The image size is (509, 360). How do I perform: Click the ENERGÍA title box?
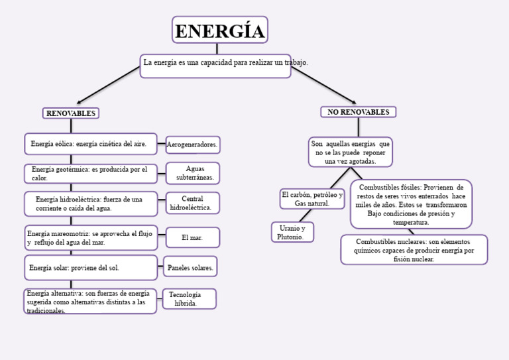point(219,30)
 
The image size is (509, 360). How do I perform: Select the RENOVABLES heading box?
point(71,113)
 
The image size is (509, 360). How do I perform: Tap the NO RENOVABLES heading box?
point(358,112)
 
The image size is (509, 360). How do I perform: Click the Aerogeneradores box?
point(192,145)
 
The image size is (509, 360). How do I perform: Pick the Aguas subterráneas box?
point(193,173)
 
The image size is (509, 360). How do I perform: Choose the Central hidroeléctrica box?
point(192,204)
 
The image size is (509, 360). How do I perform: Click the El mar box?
point(192,237)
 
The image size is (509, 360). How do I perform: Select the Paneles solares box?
point(190,268)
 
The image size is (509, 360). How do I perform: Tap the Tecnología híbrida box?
point(189,299)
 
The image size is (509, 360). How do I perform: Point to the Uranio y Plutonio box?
point(292,232)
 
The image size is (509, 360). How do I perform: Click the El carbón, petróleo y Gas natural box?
point(312,199)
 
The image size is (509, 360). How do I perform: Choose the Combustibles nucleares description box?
point(414,250)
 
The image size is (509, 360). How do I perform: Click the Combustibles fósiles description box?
point(411,204)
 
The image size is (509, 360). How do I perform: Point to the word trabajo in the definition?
point(296,62)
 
